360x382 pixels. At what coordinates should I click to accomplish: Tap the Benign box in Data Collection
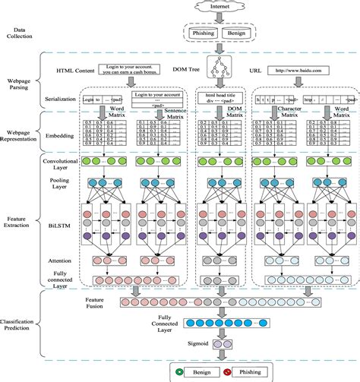click(240, 33)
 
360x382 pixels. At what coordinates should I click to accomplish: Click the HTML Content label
click(82, 70)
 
